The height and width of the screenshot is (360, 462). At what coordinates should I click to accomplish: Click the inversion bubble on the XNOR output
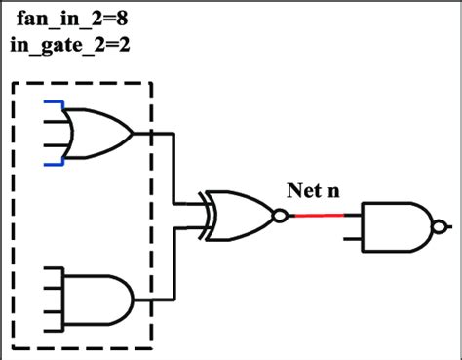point(283,217)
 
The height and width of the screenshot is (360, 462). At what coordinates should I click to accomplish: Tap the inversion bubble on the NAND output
point(440,227)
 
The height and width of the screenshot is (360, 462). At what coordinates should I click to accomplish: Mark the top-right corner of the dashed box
point(151,83)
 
